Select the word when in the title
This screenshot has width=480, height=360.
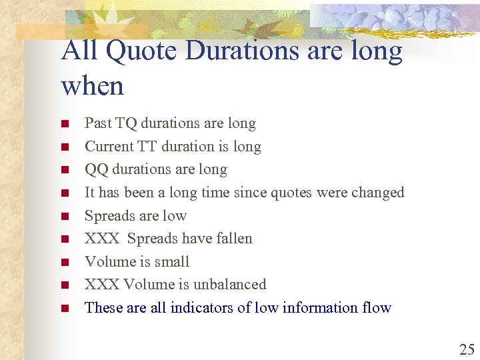93,86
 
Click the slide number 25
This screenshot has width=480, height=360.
466,349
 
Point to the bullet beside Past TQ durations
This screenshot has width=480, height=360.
65,124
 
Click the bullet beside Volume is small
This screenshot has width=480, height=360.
65,263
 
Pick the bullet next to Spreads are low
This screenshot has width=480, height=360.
65,217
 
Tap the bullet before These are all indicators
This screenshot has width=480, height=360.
65,309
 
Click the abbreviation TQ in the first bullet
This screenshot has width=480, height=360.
126,123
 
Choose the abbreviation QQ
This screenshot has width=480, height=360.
97,169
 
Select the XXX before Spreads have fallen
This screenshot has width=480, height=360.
102,239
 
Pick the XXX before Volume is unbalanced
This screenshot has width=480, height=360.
102,285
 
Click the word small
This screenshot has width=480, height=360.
173,262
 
